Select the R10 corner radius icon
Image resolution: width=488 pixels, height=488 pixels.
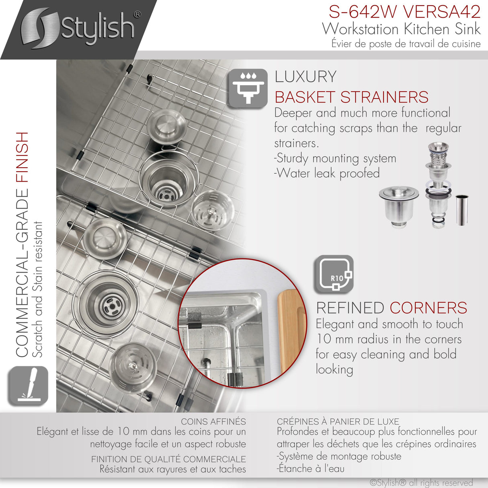point(334,275)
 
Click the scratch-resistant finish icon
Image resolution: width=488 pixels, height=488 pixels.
point(27,386)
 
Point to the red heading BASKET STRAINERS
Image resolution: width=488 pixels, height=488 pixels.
point(351,97)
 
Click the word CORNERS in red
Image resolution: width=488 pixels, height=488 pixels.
point(428,308)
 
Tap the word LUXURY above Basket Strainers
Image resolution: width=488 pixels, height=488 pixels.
point(306,77)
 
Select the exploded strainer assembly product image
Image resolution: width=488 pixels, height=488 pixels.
point(439,185)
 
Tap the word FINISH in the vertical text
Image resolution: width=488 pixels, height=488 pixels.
point(23,157)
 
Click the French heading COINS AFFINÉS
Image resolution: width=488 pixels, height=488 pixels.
point(213,422)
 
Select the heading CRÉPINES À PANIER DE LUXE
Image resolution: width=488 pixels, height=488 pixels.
point(338,422)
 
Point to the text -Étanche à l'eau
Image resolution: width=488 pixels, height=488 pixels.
point(310,469)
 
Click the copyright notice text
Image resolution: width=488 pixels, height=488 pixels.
point(421,482)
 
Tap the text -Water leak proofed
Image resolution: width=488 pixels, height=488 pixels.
point(327,173)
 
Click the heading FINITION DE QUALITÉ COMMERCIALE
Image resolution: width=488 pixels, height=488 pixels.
point(168,459)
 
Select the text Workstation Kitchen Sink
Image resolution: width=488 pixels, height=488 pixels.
point(401,29)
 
